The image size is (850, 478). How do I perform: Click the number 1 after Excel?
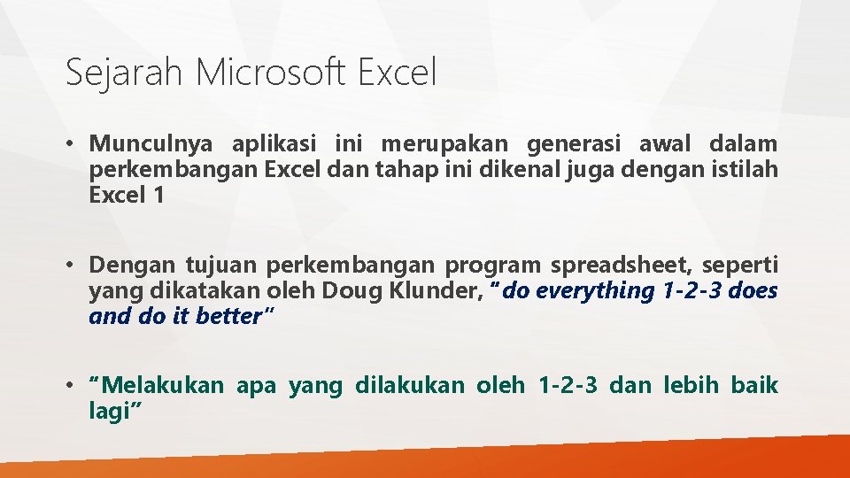(x=158, y=196)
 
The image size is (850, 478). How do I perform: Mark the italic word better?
(x=227, y=316)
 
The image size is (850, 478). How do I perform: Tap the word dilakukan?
(x=409, y=385)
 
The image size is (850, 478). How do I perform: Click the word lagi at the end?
(x=112, y=411)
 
